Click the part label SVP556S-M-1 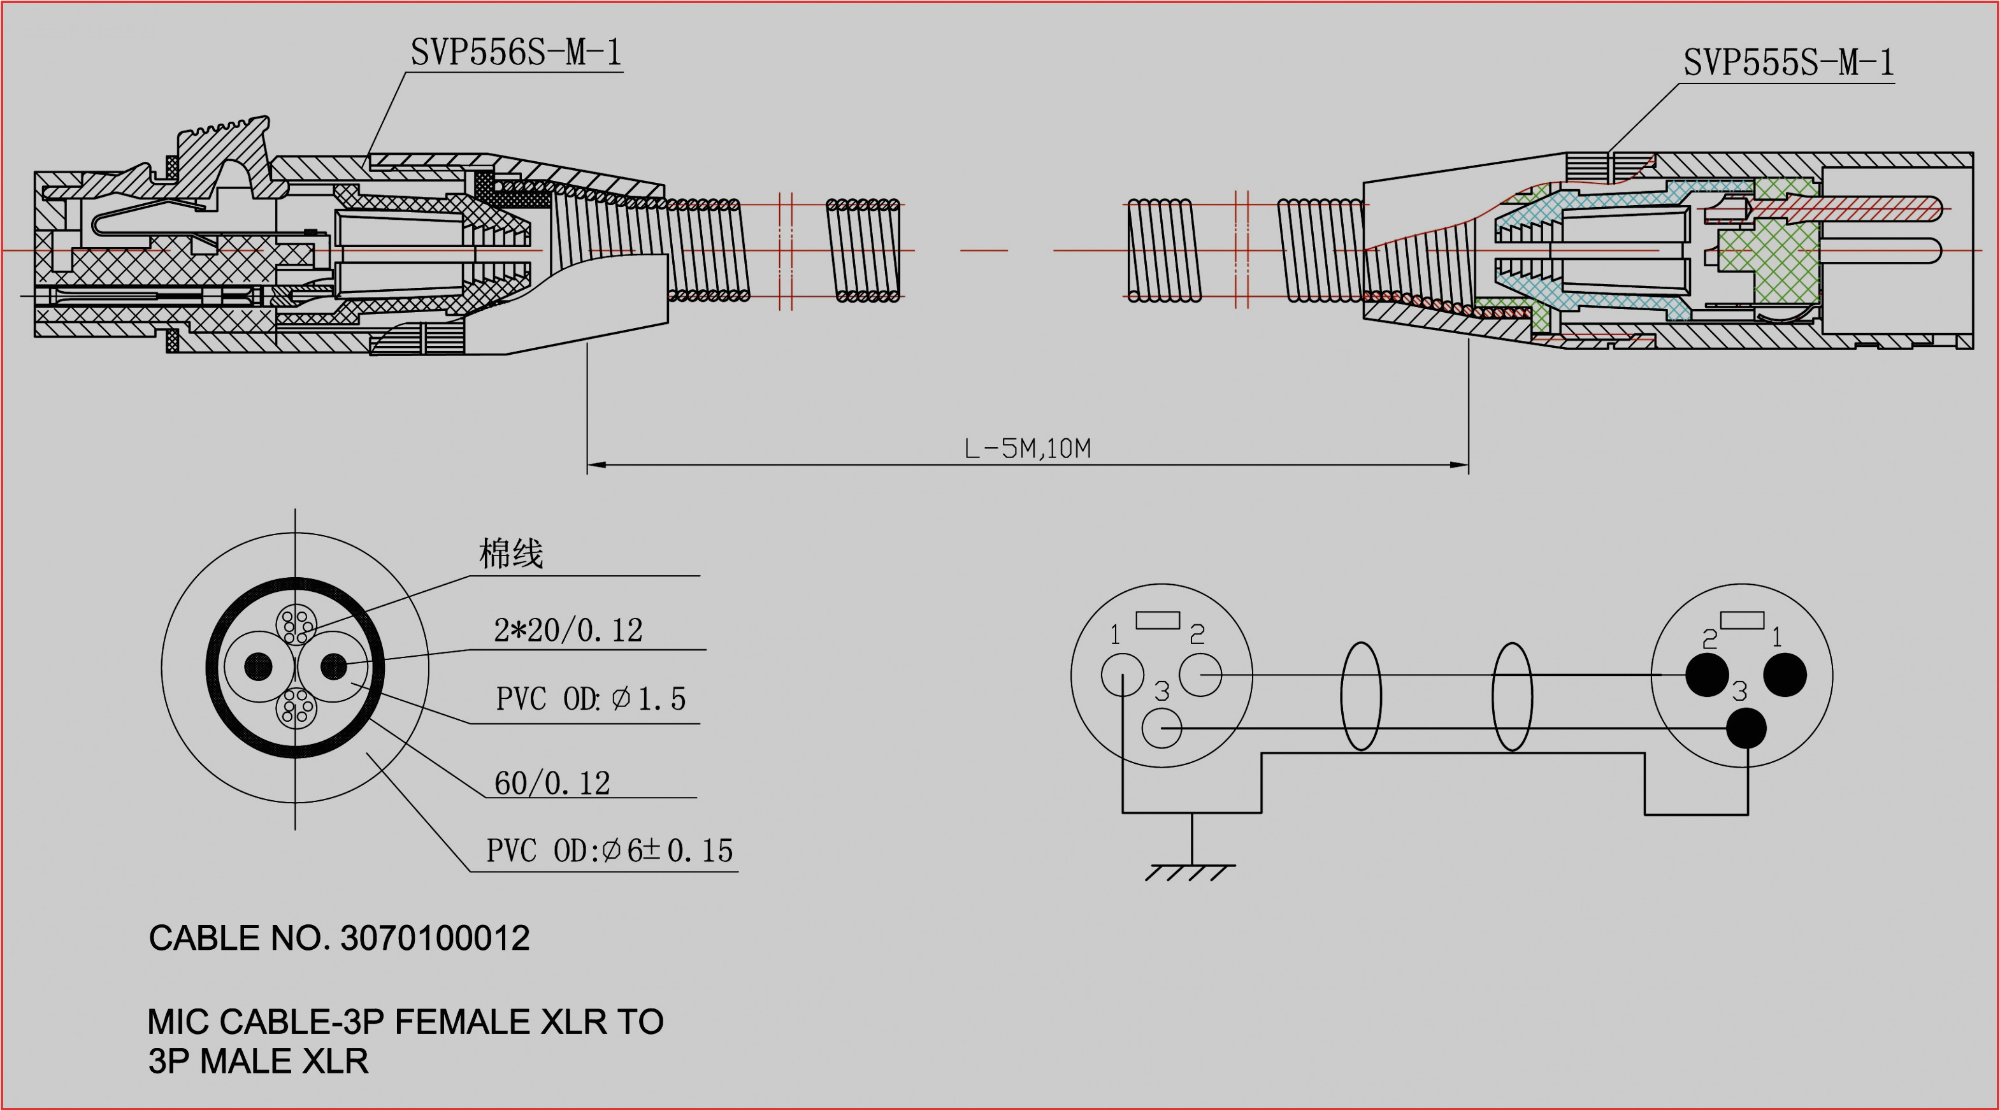515,53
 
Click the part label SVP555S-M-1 1788,63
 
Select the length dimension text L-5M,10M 1027,448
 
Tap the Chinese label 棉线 511,554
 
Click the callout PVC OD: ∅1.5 590,699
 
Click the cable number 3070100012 435,938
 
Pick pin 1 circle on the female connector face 1122,674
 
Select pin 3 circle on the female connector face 1162,728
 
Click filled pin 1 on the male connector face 1785,674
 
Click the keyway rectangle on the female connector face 1158,620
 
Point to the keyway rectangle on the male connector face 1742,620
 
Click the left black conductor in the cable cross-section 259,666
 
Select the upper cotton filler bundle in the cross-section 296,625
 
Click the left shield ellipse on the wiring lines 1361,696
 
